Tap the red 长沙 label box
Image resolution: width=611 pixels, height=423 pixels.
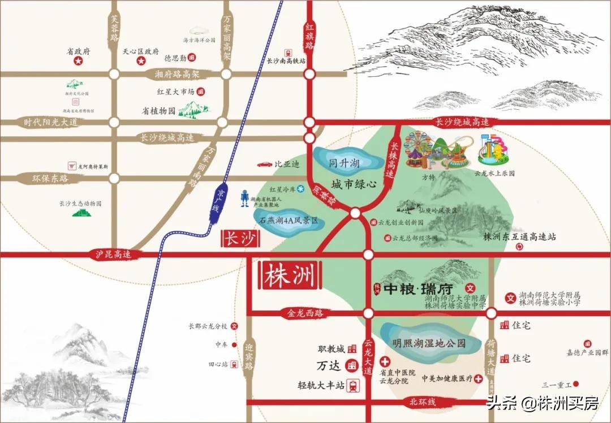[238, 239]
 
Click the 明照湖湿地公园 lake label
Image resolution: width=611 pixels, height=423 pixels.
[429, 343]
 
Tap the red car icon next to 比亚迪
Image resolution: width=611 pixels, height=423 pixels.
[264, 165]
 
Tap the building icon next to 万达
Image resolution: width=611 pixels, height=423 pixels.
[352, 366]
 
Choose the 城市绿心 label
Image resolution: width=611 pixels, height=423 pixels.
[354, 184]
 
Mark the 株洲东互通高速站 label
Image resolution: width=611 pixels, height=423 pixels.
[520, 236]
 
